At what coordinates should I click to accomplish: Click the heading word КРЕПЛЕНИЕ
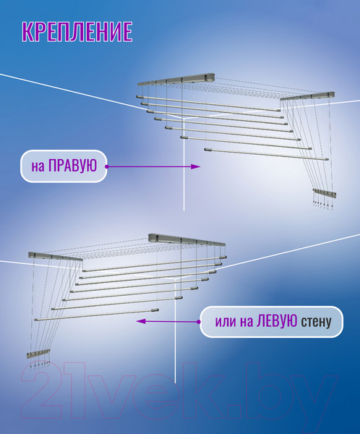click(77, 32)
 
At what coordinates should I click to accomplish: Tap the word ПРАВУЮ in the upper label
click(72, 166)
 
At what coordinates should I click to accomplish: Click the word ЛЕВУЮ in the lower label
click(277, 321)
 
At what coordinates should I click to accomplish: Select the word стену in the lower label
click(317, 322)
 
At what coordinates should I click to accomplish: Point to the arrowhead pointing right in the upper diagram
click(196, 166)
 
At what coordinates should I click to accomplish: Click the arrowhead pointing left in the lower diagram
click(141, 321)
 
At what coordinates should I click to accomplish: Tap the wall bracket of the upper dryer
click(325, 193)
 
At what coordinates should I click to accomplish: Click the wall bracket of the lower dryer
click(38, 353)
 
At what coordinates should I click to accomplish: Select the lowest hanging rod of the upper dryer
click(267, 154)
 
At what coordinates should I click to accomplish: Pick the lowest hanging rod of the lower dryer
click(97, 315)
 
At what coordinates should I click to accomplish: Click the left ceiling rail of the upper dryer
click(176, 79)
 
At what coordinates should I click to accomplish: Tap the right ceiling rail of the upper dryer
click(307, 96)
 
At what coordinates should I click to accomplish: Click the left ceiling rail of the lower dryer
click(56, 256)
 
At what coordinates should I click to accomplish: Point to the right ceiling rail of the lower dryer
click(187, 239)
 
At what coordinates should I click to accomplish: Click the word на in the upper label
click(38, 167)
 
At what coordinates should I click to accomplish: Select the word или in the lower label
click(226, 322)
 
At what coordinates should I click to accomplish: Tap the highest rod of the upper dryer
click(208, 103)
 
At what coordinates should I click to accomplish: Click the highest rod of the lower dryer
click(155, 263)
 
